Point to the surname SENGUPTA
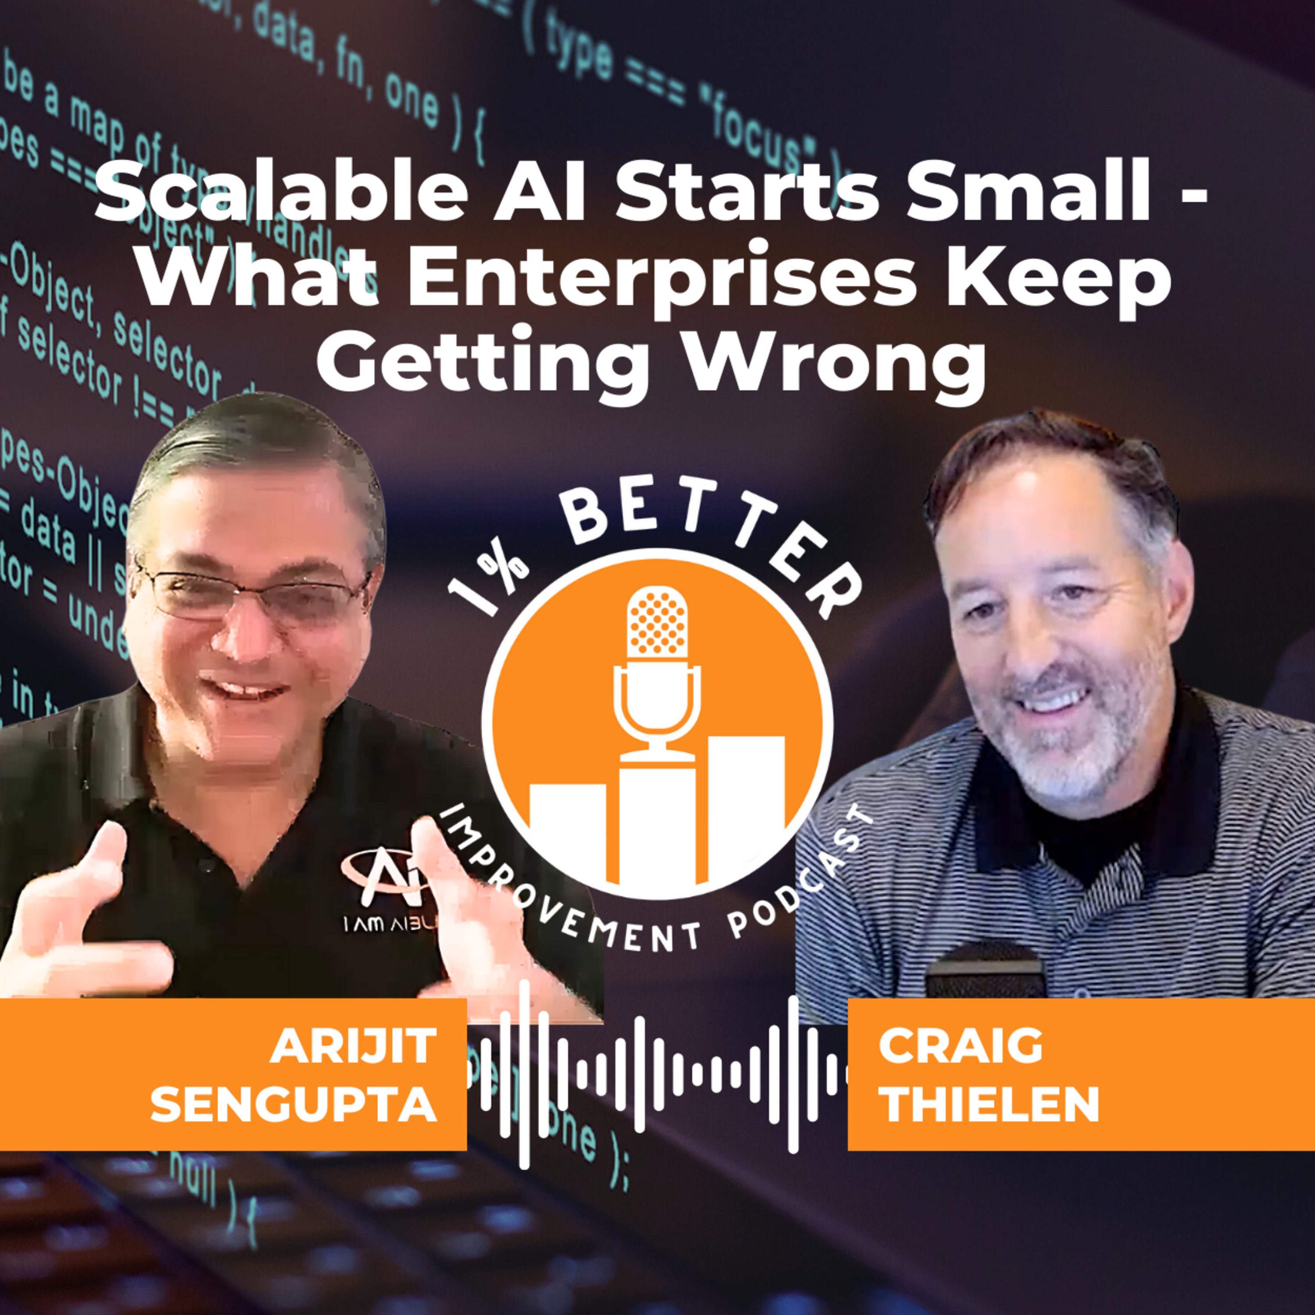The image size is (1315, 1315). coord(293,1104)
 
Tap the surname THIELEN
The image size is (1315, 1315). coord(988,1104)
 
